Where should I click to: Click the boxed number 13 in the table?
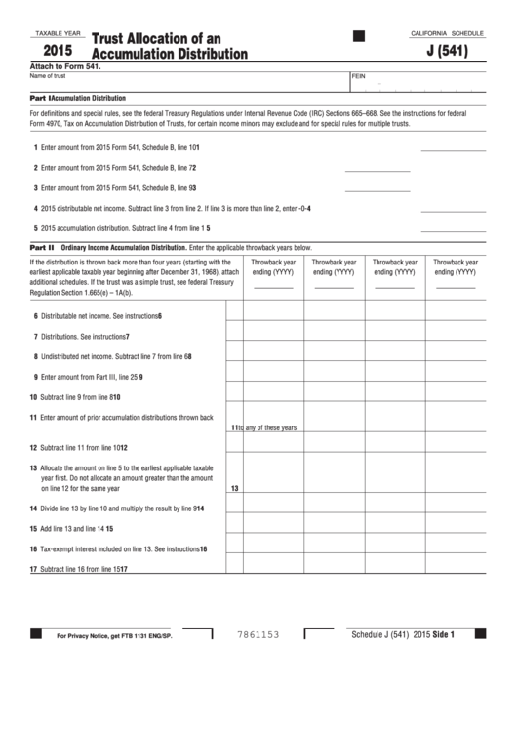click(234, 488)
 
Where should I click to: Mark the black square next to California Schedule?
click(358, 36)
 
